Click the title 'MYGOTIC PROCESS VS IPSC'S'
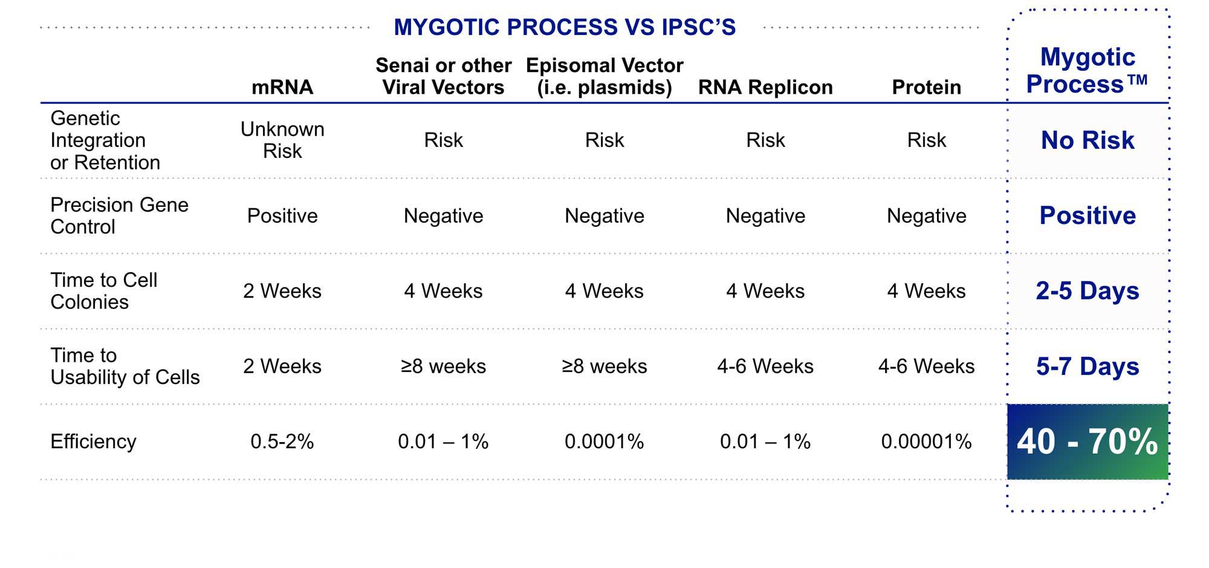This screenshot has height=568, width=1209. (x=565, y=27)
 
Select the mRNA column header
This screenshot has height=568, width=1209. (x=282, y=87)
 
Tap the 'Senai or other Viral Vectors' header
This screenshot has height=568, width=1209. (x=443, y=76)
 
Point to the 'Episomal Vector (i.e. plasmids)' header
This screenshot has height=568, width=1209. (x=604, y=76)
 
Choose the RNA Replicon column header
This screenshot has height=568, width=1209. (x=765, y=87)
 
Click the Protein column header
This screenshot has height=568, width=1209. (x=926, y=87)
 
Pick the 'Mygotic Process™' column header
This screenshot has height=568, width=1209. (x=1087, y=70)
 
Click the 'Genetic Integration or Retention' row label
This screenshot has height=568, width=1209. (x=105, y=140)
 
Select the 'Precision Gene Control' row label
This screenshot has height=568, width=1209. (x=119, y=215)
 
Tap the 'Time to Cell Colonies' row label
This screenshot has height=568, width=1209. (x=104, y=291)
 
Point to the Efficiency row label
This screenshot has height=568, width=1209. (x=93, y=442)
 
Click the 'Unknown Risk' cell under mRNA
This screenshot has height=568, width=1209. (x=282, y=140)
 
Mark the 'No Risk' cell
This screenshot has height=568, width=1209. (x=1087, y=140)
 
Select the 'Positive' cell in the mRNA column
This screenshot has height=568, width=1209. (x=282, y=216)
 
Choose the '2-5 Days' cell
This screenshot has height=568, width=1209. (x=1087, y=291)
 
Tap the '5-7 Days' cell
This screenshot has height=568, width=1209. (x=1087, y=367)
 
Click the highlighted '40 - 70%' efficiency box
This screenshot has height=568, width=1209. (x=1087, y=442)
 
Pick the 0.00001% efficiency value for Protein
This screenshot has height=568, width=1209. (x=926, y=442)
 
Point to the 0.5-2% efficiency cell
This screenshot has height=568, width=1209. (x=282, y=442)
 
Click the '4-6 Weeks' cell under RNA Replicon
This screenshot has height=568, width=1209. (x=765, y=367)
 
